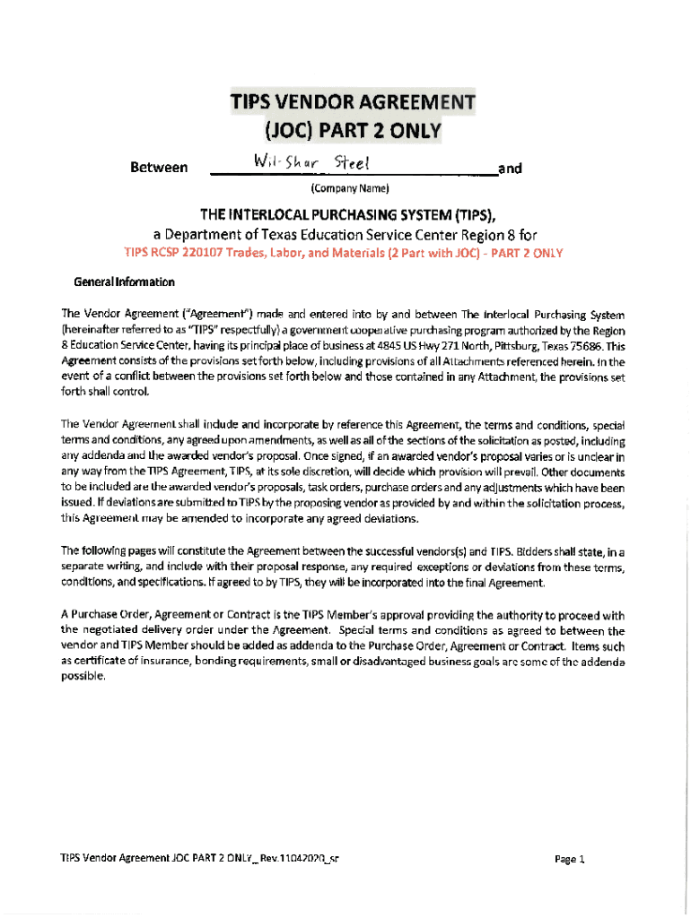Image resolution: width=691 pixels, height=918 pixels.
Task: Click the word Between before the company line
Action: [159, 168]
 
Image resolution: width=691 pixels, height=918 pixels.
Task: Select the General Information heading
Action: [124, 282]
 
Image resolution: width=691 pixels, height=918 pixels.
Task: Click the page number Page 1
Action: [570, 859]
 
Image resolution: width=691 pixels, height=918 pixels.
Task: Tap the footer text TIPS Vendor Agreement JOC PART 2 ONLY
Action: [198, 859]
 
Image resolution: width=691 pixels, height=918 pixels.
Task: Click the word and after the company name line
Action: [509, 168]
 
